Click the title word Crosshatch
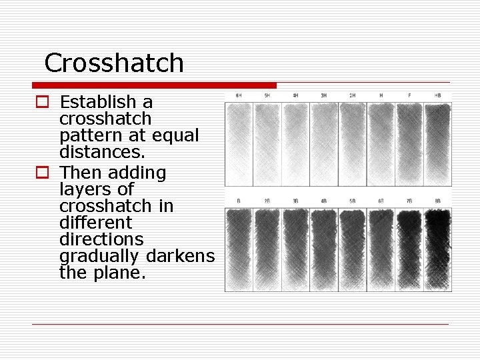pyautogui.click(x=114, y=63)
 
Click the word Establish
pyautogui.click(x=106, y=102)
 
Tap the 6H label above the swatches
pyautogui.click(x=238, y=95)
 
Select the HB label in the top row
pyautogui.click(x=437, y=95)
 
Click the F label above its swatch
pyautogui.click(x=409, y=95)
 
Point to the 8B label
pyautogui.click(x=437, y=200)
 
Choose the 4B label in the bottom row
pyautogui.click(x=323, y=200)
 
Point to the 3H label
pyautogui.click(x=323, y=95)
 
